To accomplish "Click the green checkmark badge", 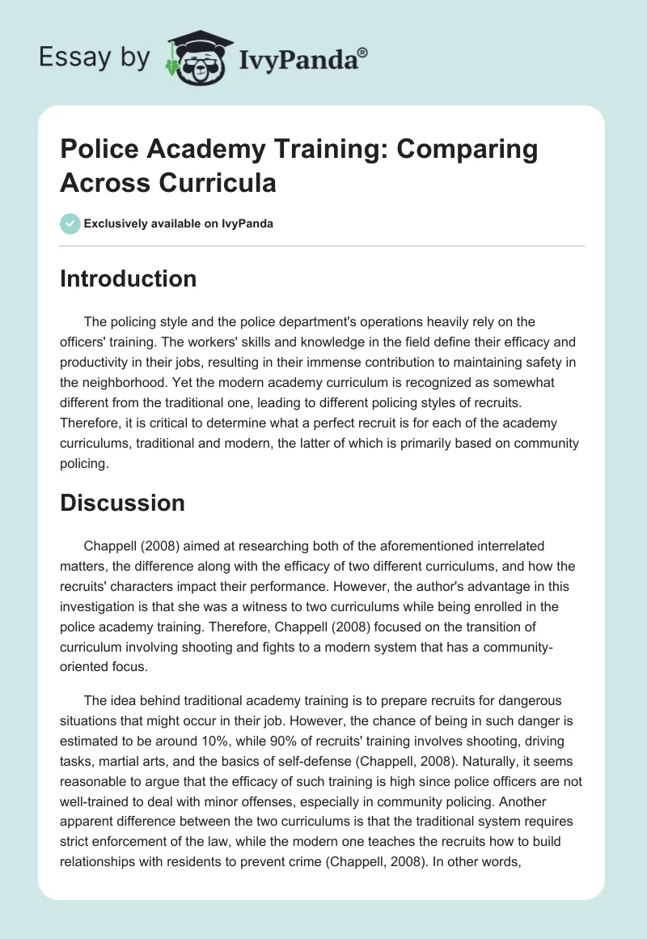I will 70,223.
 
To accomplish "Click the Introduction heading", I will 129,278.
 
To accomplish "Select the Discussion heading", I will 123,503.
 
